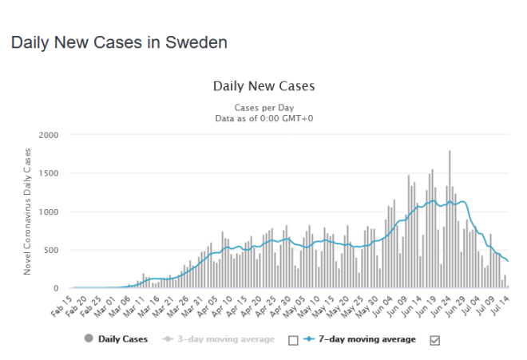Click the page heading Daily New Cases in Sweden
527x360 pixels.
tap(119, 42)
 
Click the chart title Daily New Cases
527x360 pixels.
tap(263, 86)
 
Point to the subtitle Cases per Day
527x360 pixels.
tap(263, 107)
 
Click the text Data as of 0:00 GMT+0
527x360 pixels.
tap(263, 117)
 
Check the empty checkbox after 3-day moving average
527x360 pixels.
tap(292, 340)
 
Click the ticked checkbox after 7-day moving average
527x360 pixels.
tap(435, 340)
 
